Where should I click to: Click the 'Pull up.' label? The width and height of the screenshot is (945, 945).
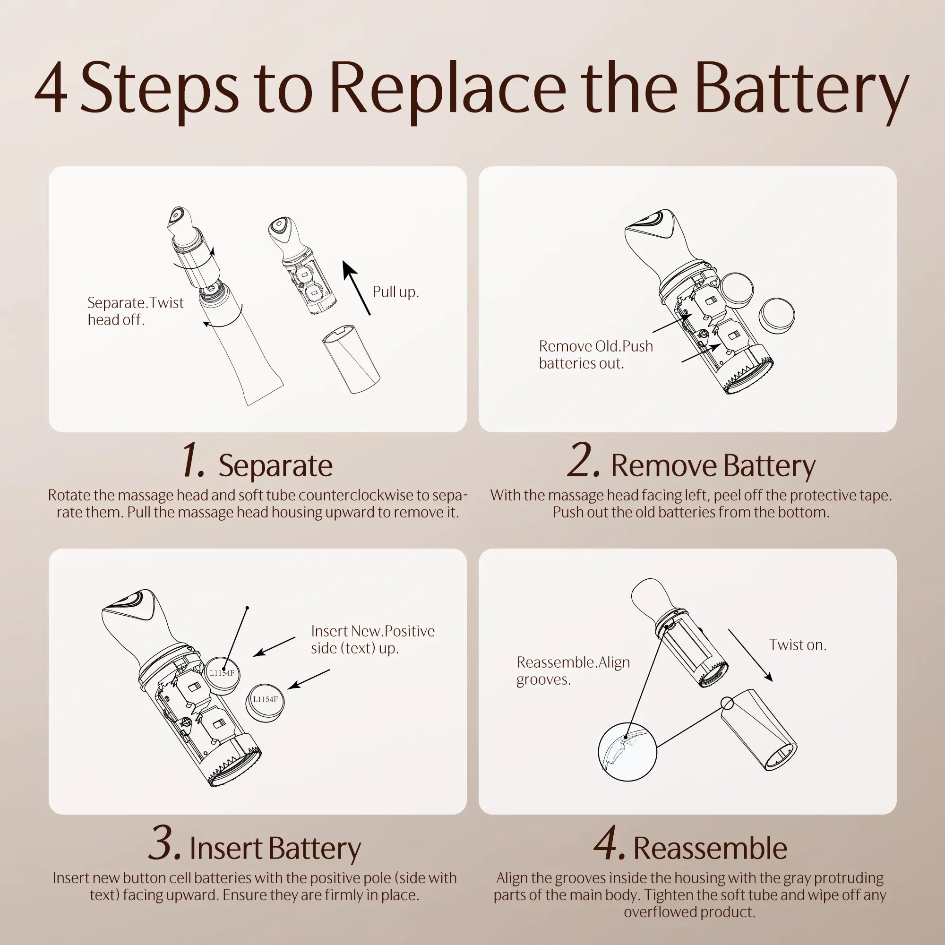tap(395, 292)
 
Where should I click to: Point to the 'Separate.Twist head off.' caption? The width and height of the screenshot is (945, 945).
tap(136, 310)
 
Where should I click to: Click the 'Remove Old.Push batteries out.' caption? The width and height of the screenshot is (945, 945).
tap(596, 354)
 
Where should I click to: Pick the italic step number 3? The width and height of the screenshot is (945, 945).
tap(165, 842)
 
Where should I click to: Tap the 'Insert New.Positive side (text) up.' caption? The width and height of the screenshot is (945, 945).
tap(373, 639)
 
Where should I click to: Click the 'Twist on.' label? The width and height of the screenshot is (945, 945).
tap(797, 644)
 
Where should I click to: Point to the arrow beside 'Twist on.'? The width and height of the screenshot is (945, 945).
tap(750, 655)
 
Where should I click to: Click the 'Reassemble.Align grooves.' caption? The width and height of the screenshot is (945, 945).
tap(573, 670)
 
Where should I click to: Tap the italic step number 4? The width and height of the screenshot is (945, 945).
tap(609, 842)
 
